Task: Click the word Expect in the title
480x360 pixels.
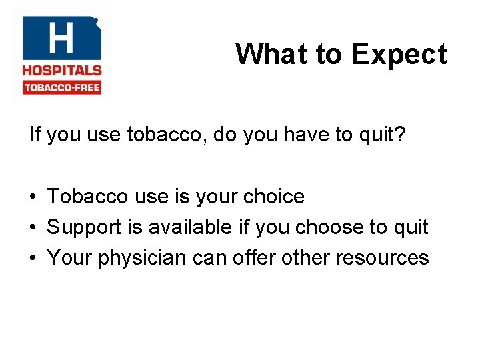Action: tap(399, 55)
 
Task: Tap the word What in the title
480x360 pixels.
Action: tap(263, 54)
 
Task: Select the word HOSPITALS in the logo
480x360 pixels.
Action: tap(61, 70)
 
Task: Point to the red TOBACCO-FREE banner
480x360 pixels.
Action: tap(61, 87)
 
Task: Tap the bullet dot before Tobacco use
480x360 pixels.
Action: tap(33, 197)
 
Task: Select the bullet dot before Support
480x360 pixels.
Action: tap(33, 228)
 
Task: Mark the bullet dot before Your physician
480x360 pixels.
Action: tap(33, 258)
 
